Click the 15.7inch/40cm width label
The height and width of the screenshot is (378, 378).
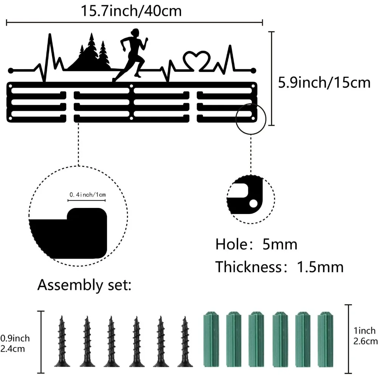[x=132, y=11]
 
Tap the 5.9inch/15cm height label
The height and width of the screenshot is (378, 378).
[x=324, y=82]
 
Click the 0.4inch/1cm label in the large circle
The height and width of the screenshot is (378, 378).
[x=87, y=195]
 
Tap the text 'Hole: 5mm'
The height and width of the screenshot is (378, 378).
[x=256, y=245]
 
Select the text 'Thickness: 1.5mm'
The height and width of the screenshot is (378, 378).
[x=279, y=267]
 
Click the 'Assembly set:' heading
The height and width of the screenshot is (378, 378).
[x=84, y=285]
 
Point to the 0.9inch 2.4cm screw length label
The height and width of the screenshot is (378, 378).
[x=15, y=343]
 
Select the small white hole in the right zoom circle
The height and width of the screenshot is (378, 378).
[x=253, y=204]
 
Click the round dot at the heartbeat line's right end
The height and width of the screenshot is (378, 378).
[x=253, y=70]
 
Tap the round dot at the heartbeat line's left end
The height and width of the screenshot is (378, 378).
[x=10, y=70]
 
